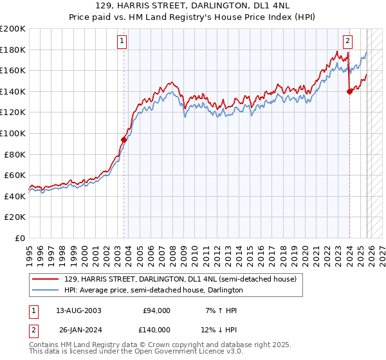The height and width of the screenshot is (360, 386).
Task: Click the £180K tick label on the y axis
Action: click(12, 50)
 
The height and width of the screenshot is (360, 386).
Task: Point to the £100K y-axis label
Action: click(12, 133)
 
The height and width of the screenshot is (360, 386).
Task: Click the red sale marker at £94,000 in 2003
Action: click(124, 139)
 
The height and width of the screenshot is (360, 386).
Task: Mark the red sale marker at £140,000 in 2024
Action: click(349, 91)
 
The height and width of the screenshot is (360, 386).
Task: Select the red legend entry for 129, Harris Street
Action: click(180, 280)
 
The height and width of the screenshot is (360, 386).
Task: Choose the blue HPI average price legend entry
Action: click(153, 291)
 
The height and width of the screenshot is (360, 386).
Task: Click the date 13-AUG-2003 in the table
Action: click(79, 310)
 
